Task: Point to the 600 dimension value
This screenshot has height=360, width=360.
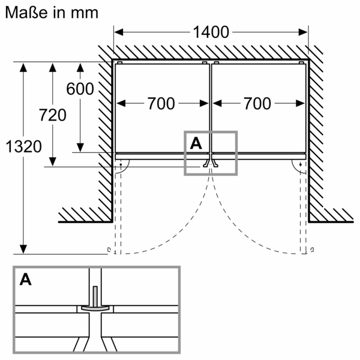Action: [x=80, y=89]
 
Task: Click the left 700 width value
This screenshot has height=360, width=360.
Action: [x=161, y=104]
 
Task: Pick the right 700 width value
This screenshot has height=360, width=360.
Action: [x=257, y=104]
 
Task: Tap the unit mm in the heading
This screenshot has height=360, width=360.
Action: [x=83, y=11]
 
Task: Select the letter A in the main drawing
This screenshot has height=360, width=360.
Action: [x=196, y=143]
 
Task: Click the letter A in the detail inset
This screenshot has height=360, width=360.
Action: [x=26, y=279]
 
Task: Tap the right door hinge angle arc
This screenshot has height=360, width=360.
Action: [x=298, y=166]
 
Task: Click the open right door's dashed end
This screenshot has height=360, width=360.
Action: [x=308, y=250]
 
